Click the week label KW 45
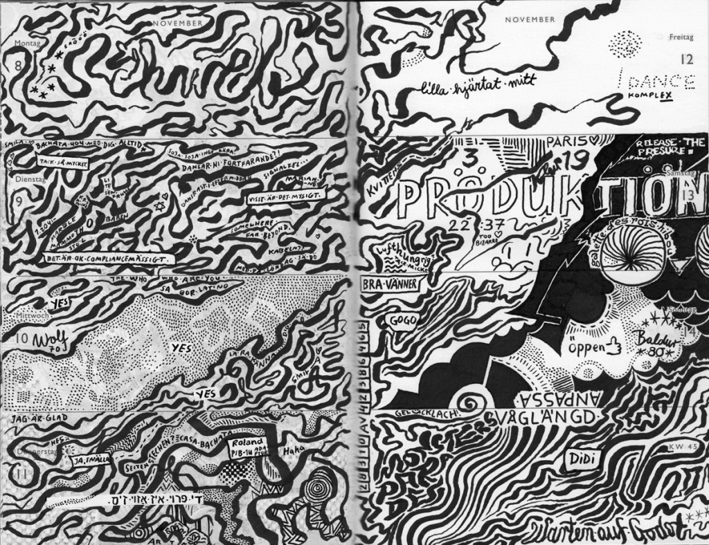(x=680, y=447)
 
